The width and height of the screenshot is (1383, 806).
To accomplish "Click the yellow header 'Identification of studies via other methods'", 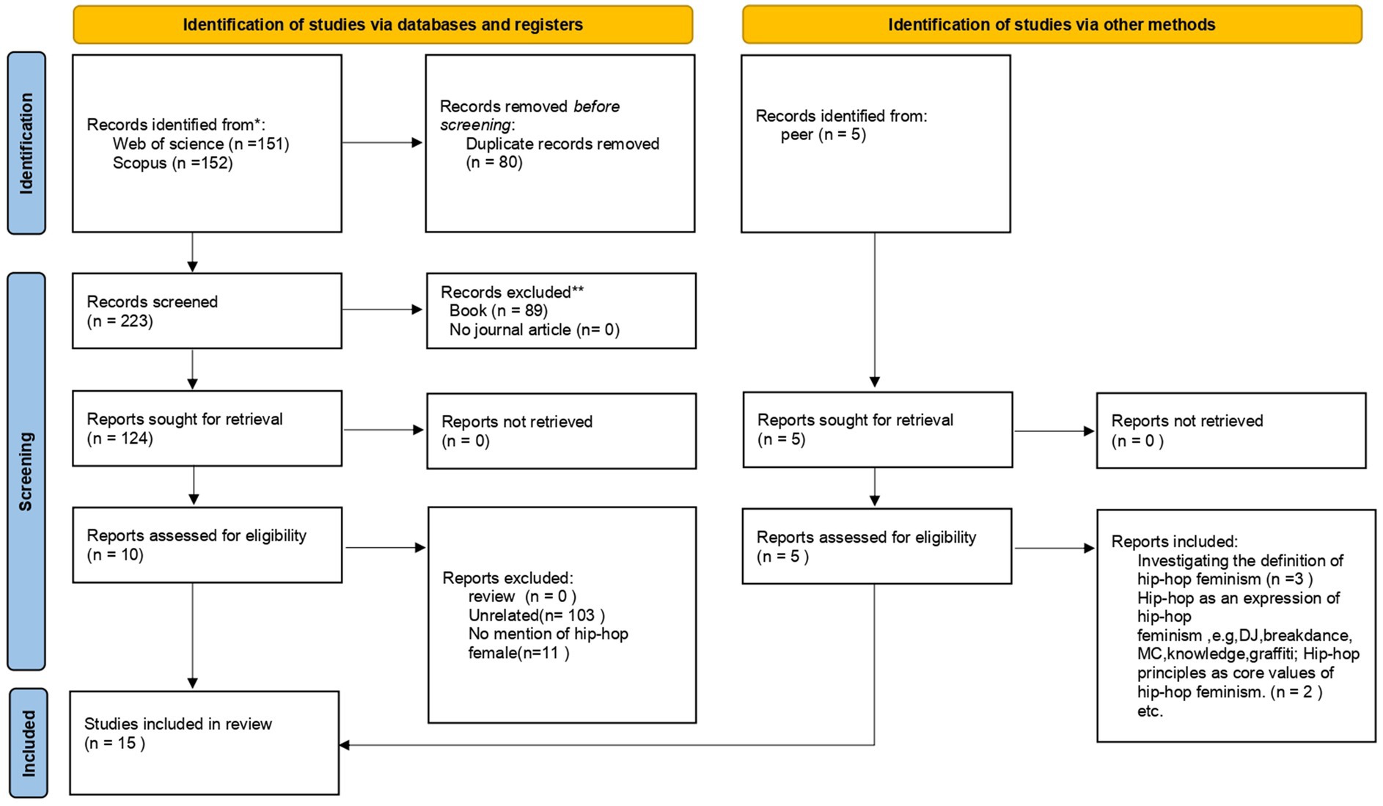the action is pyautogui.click(x=1052, y=25).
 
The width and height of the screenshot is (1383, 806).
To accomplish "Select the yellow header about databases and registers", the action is pyautogui.click(x=383, y=25).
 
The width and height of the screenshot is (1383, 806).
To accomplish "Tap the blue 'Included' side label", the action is pyautogui.click(x=28, y=743).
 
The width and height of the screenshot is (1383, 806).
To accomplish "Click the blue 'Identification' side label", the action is pyautogui.click(x=26, y=143).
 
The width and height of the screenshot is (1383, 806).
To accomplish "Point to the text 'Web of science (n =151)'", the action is pyautogui.click(x=201, y=144).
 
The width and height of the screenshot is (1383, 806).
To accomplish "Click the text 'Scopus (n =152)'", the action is pyautogui.click(x=172, y=163).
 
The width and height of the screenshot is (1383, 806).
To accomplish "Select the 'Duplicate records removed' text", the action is pyautogui.click(x=562, y=144).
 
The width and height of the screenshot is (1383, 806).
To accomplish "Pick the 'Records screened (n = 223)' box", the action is pyautogui.click(x=207, y=311).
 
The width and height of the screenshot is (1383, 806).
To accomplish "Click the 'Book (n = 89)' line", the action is pyautogui.click(x=499, y=311).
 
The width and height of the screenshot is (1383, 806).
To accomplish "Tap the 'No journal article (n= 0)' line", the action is pyautogui.click(x=535, y=330).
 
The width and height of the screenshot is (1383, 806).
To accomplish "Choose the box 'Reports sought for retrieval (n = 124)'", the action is pyautogui.click(x=207, y=428).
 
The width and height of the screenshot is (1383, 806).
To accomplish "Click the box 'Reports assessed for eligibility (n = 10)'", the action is pyautogui.click(x=207, y=545).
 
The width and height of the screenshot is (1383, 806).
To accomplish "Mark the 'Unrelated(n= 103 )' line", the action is pyautogui.click(x=537, y=615).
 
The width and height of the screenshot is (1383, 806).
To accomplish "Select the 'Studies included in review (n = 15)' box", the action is pyautogui.click(x=205, y=743).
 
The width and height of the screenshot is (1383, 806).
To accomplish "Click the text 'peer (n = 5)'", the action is pyautogui.click(x=823, y=135).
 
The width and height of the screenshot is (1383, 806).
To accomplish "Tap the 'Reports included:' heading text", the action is pyautogui.click(x=1174, y=542).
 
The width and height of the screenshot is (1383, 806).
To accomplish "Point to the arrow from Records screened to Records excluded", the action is pyautogui.click(x=383, y=309).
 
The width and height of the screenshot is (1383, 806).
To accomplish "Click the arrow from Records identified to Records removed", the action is pyautogui.click(x=383, y=142).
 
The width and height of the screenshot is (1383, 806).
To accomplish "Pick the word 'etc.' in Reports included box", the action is pyautogui.click(x=1150, y=711).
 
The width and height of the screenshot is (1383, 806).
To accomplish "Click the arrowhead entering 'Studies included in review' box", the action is pyautogui.click(x=344, y=745).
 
